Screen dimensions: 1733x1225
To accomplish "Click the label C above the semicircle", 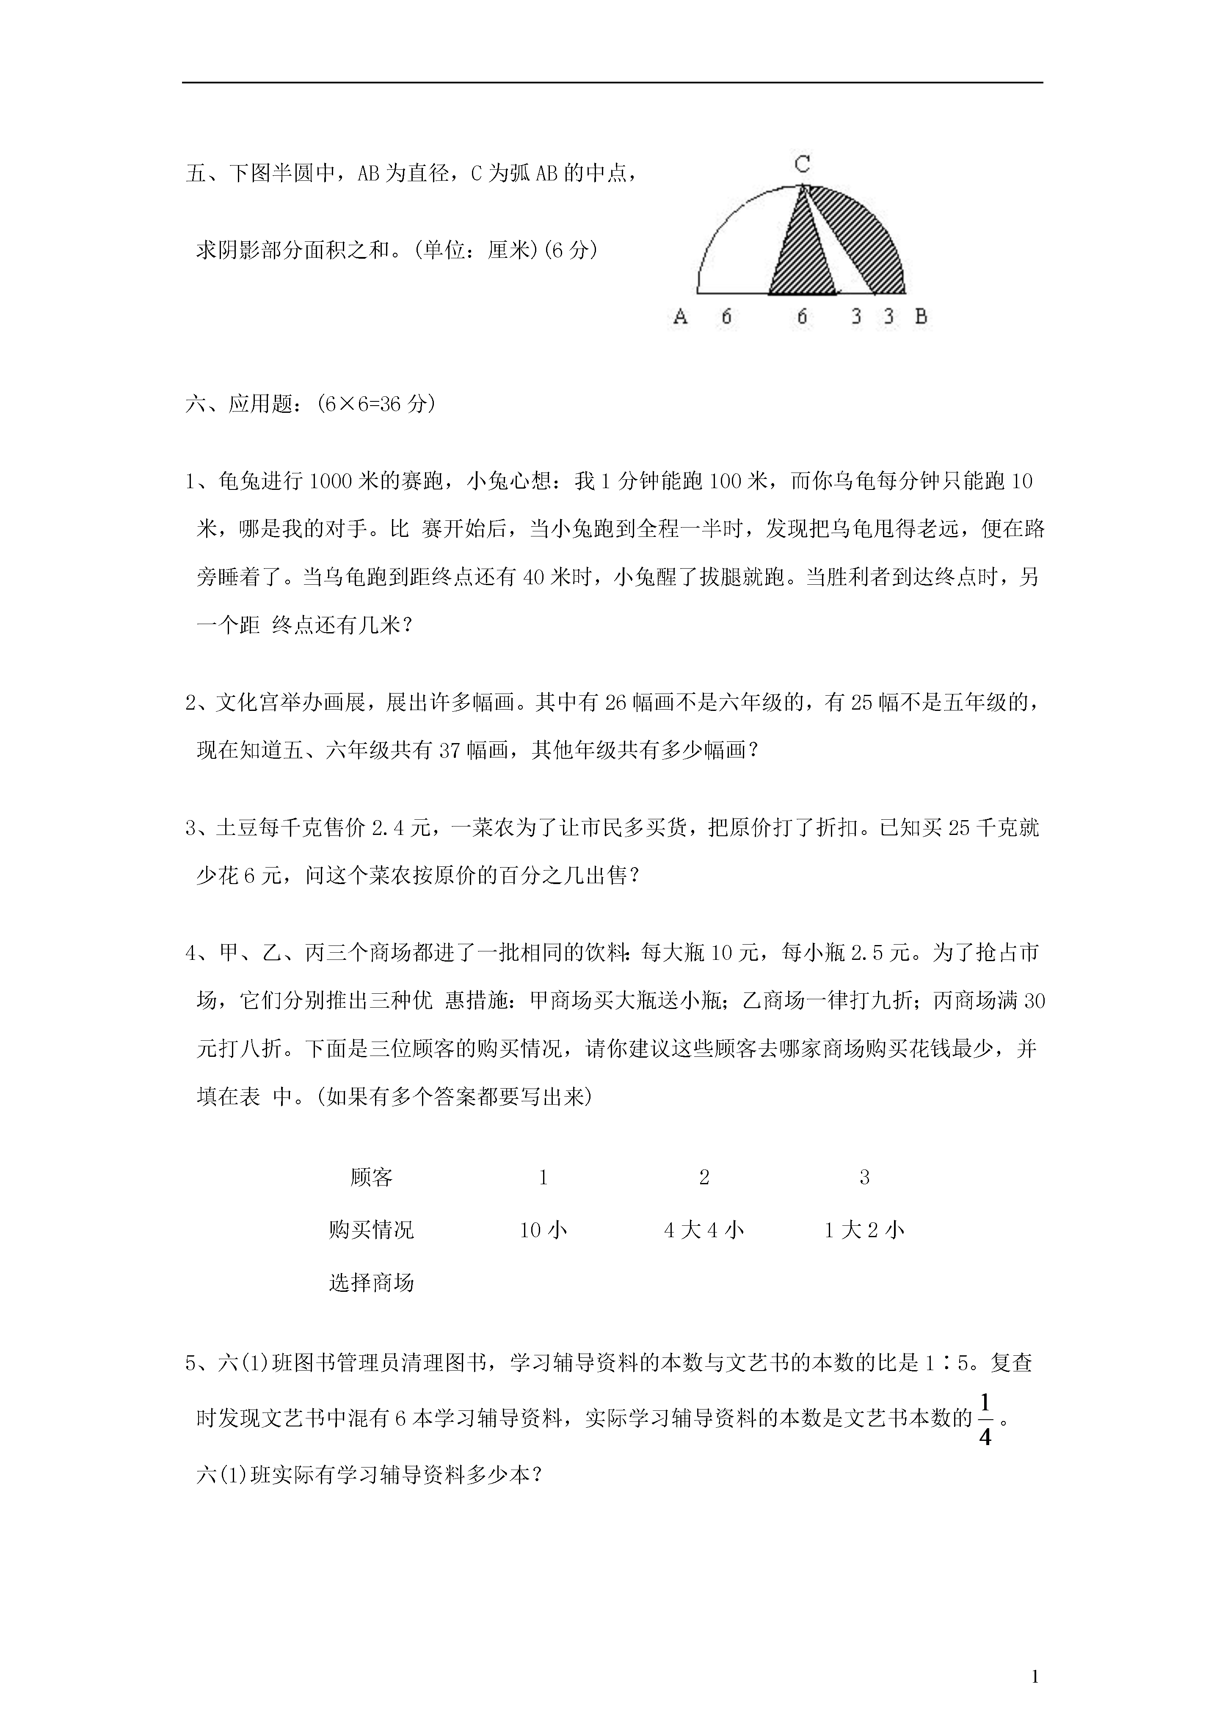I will click(803, 164).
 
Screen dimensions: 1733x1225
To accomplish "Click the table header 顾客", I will click(371, 1177).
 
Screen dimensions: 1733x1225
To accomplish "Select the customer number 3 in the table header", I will click(864, 1177).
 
